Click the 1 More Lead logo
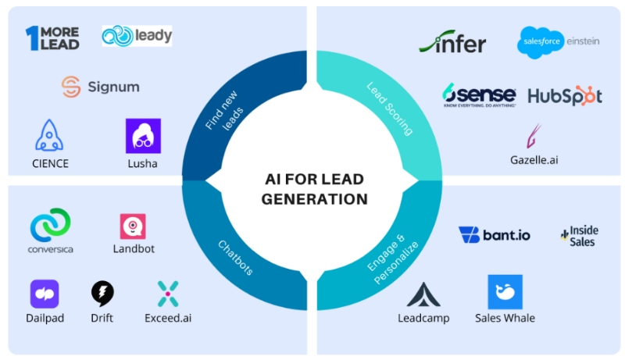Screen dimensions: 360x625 52,37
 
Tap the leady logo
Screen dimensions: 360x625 137,35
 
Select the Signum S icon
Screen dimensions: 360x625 71,87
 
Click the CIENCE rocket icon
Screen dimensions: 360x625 49,135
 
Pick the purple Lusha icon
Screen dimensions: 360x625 143,135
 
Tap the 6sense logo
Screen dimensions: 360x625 478,94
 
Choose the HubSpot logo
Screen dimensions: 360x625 565,95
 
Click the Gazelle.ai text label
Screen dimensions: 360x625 534,161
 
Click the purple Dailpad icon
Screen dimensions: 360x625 45,294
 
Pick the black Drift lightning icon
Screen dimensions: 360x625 102,294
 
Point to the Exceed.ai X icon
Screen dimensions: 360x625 167,294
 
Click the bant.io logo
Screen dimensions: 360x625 493,234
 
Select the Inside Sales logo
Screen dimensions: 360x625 579,236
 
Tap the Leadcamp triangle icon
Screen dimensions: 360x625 423,294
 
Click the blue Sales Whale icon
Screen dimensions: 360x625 505,292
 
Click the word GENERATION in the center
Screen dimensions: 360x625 314,199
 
